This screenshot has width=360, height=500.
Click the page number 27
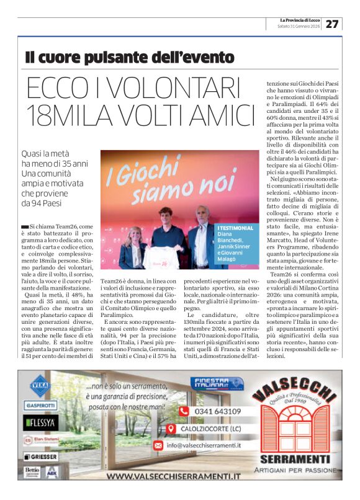click(x=333, y=24)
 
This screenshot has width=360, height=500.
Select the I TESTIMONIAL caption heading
click(x=236, y=228)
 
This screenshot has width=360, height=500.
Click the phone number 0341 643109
click(x=218, y=411)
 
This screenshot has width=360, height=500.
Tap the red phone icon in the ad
click(x=184, y=411)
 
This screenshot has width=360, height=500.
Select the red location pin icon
click(x=172, y=429)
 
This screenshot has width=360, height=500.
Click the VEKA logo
click(x=40, y=385)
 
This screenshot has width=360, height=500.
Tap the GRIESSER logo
click(x=42, y=456)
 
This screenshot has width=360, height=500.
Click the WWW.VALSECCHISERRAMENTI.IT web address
click(x=173, y=476)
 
